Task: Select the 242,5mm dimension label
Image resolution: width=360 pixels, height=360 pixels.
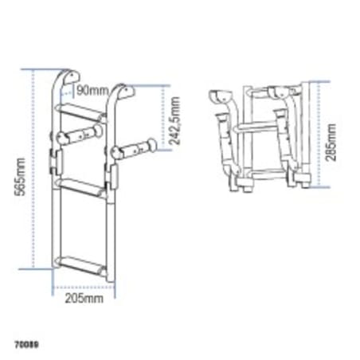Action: click(175, 119)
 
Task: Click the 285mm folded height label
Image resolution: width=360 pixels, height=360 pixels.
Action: click(331, 137)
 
